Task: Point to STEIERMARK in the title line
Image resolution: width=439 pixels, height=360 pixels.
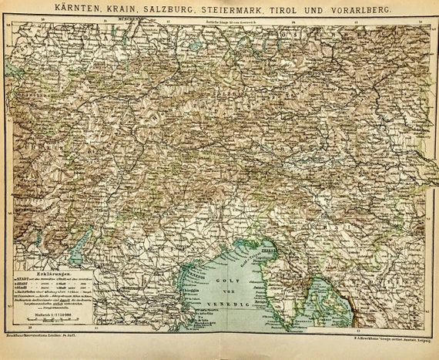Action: click(x=236, y=8)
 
